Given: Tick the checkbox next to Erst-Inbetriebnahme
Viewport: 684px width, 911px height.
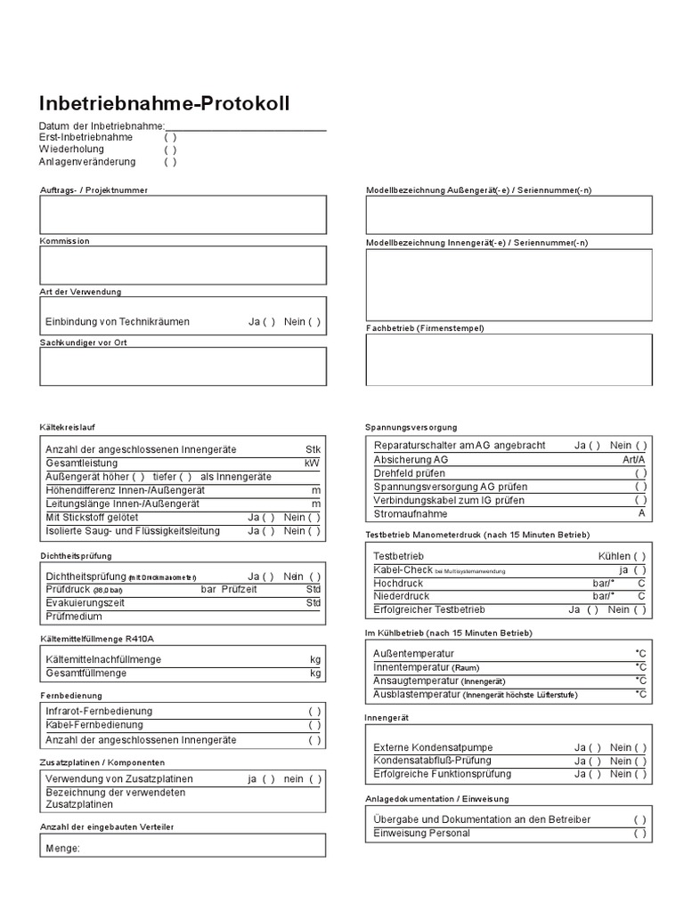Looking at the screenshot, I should click(x=170, y=137).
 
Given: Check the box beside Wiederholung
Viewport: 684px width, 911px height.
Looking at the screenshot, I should click(x=170, y=149).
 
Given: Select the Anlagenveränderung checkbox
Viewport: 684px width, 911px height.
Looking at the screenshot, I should click(x=170, y=162).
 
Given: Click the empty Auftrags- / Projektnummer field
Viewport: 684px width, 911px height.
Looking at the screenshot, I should click(x=183, y=214).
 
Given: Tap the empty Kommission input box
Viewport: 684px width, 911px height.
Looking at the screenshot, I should click(x=183, y=265).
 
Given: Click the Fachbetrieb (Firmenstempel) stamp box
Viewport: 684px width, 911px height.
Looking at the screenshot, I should click(x=509, y=359).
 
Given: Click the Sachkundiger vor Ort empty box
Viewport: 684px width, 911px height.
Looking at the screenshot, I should click(x=183, y=366).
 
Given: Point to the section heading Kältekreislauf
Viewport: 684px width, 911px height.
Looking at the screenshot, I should click(x=69, y=427).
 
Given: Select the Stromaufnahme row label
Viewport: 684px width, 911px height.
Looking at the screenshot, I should click(x=411, y=514).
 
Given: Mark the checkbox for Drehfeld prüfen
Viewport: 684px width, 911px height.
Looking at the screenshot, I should click(x=640, y=473).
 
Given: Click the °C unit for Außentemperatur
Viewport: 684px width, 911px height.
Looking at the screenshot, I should click(x=640, y=654).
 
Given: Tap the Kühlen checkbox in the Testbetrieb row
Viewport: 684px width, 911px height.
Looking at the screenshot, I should click(x=640, y=556).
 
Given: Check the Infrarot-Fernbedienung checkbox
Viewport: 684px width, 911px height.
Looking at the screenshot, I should click(x=314, y=711).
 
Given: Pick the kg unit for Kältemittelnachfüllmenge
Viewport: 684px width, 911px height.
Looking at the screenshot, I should click(x=314, y=659).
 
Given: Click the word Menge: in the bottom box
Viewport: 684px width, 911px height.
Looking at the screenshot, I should click(x=62, y=848).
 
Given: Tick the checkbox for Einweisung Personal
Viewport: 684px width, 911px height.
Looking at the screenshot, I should click(x=640, y=834).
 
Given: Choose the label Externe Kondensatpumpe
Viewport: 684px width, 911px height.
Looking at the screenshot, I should click(x=433, y=747).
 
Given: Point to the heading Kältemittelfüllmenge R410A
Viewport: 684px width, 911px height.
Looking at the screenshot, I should click(x=102, y=639).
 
